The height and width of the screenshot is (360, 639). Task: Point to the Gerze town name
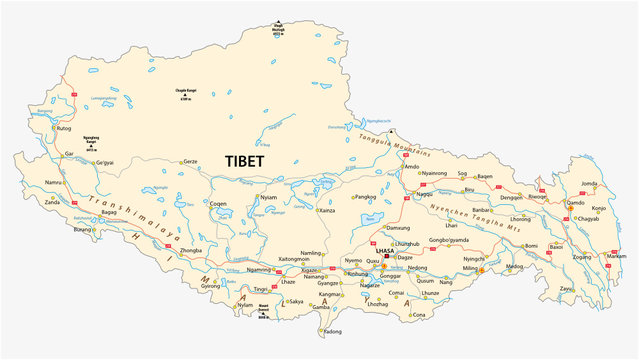(196, 161)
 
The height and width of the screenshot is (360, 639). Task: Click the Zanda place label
(52, 202)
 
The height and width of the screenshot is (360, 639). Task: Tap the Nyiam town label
(268, 198)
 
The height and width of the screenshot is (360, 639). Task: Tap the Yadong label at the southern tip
(331, 332)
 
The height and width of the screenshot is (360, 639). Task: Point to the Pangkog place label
(366, 197)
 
